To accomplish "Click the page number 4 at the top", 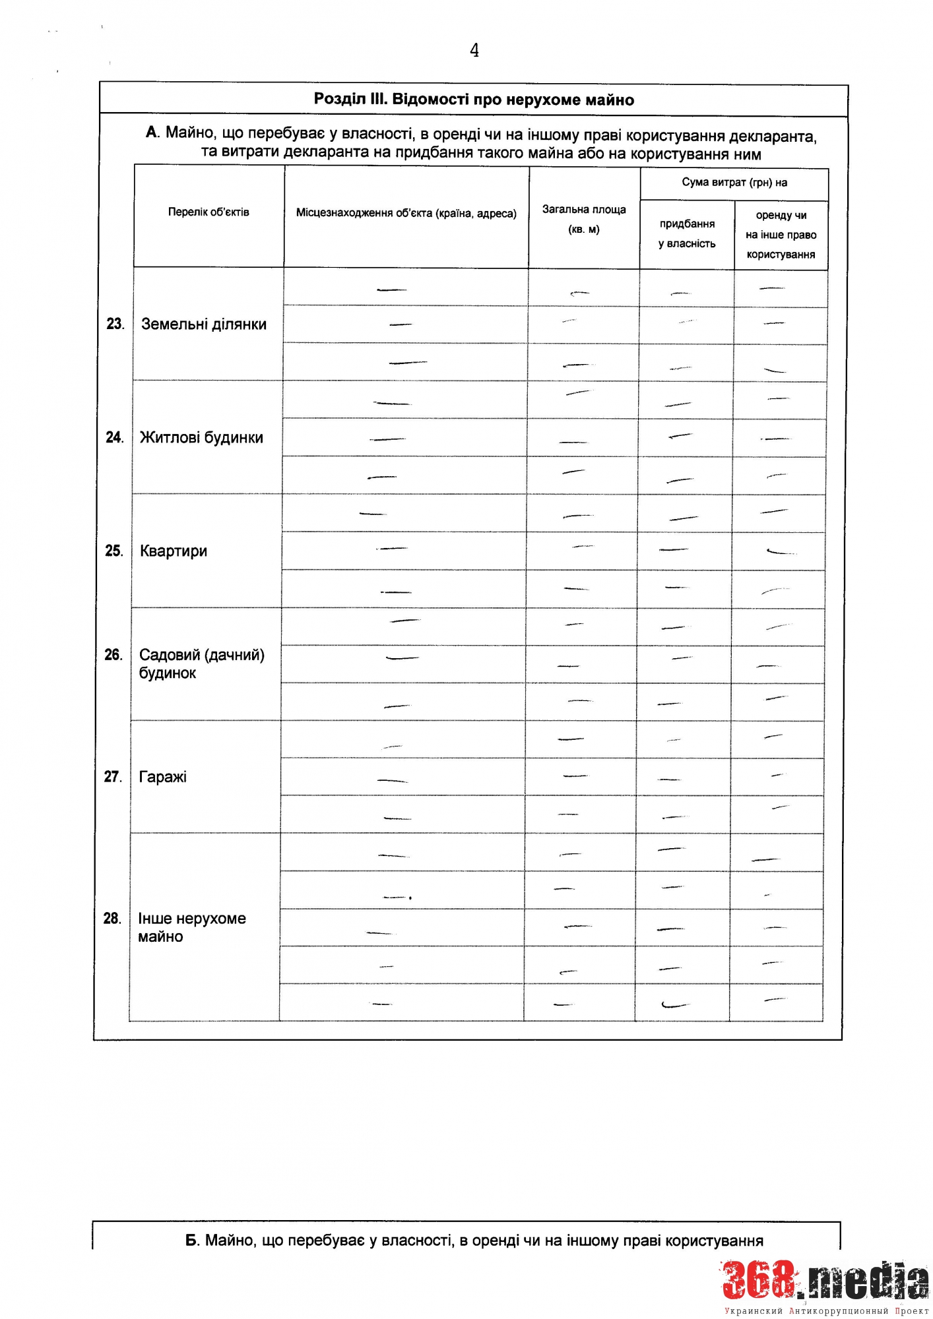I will (x=474, y=50).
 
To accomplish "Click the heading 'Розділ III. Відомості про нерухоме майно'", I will (x=474, y=100).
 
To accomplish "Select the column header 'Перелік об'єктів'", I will (x=209, y=212).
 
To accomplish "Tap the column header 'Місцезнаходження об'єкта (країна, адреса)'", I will (x=406, y=214).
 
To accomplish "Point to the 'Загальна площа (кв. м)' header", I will (x=584, y=219).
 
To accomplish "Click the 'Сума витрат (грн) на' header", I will (x=734, y=183).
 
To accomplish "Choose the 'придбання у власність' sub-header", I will (x=687, y=233).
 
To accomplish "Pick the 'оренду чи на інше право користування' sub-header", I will (x=781, y=235).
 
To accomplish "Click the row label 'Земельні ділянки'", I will (x=204, y=324).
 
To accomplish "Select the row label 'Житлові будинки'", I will (x=201, y=438).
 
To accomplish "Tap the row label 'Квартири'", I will (x=174, y=551).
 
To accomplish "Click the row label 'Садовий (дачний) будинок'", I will (x=201, y=663).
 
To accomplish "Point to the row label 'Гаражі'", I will (x=163, y=777).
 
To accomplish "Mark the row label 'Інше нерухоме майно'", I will (x=191, y=927).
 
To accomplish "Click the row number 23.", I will (x=115, y=324).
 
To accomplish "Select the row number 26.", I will (x=113, y=655).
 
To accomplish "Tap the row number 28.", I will (x=112, y=919).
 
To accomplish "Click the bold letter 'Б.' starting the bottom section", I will (x=192, y=1241).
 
